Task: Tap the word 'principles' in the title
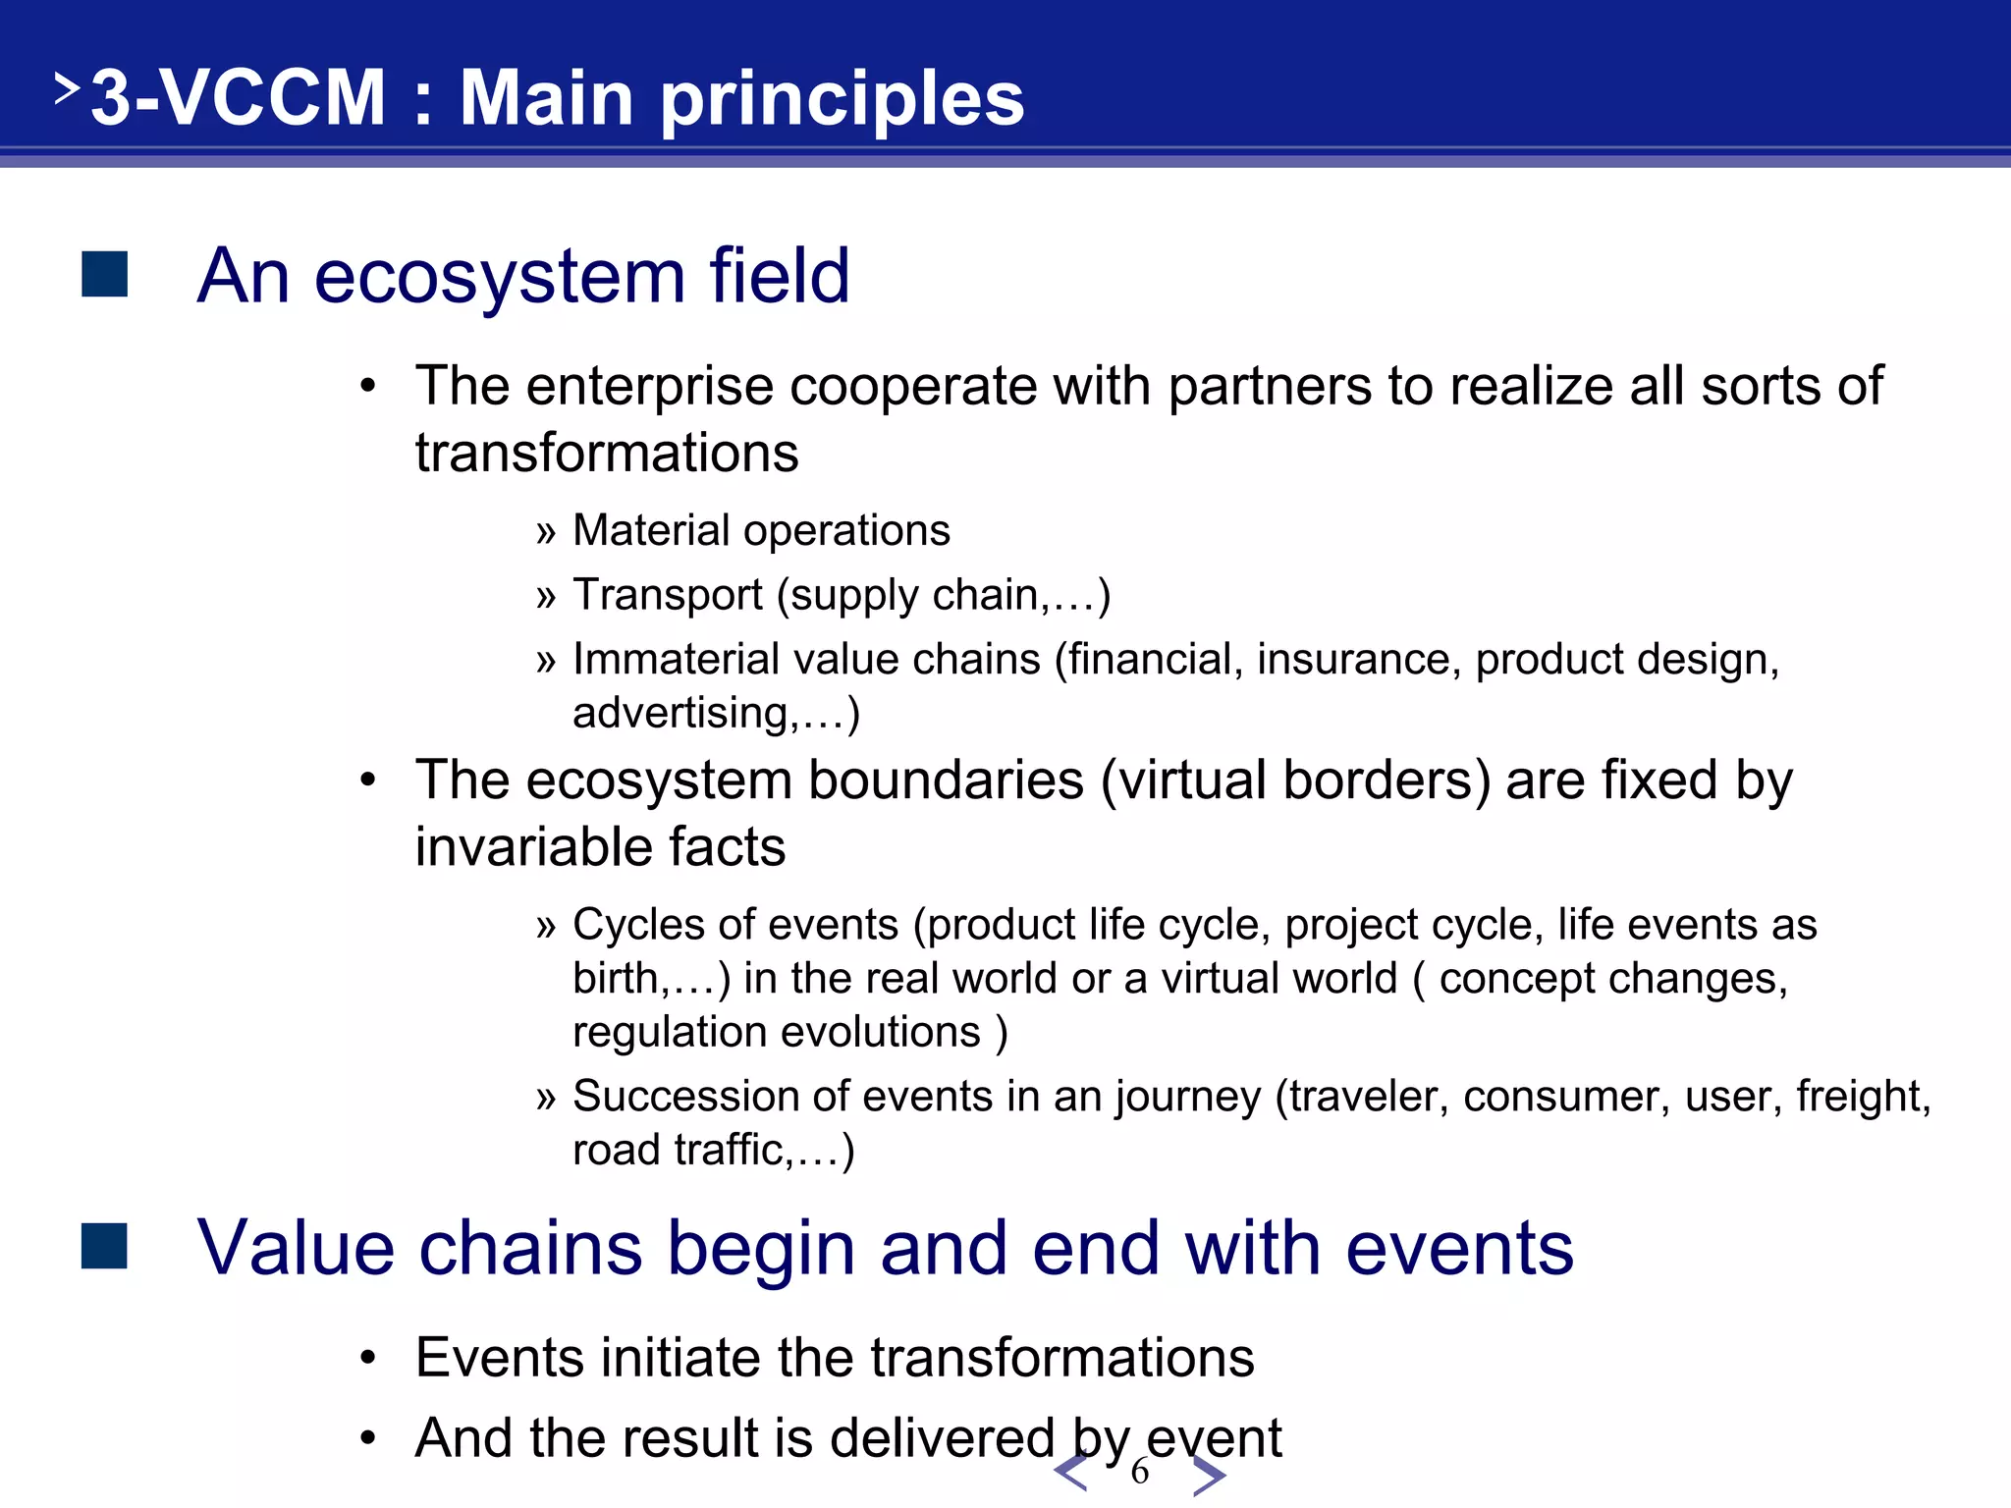[842, 100]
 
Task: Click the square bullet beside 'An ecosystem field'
[105, 274]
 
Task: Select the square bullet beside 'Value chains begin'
[105, 1246]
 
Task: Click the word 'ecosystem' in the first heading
[499, 278]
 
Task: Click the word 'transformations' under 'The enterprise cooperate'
[607, 454]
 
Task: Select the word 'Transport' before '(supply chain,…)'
[668, 595]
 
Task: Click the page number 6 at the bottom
[1139, 1471]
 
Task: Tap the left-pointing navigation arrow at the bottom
[1070, 1473]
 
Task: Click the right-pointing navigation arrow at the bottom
[1209, 1475]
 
